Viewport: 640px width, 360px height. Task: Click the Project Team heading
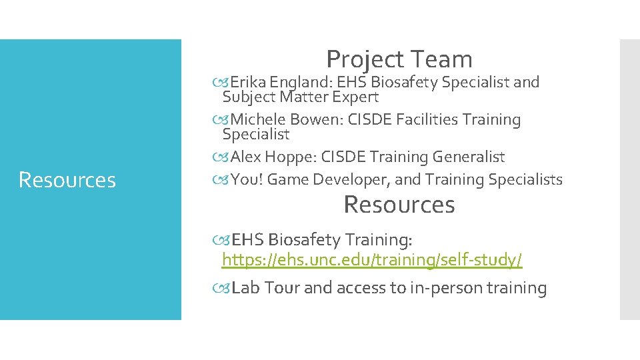pos(399,59)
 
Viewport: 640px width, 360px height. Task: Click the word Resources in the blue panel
pos(67,180)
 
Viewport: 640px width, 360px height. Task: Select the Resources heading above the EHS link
pos(399,205)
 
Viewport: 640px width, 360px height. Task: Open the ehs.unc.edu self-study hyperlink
pos(372,260)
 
